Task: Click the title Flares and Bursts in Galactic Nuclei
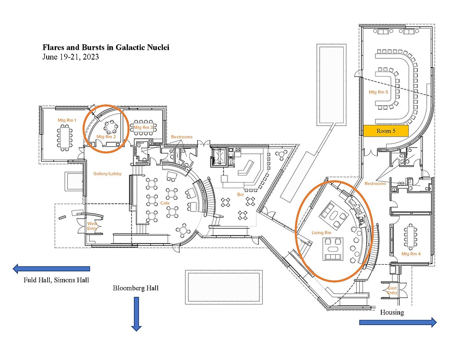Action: point(105,47)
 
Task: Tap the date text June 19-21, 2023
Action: point(70,57)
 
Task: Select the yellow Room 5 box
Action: point(386,131)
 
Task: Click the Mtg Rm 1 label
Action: point(67,120)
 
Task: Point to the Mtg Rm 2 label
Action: point(106,137)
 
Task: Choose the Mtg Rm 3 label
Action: point(143,128)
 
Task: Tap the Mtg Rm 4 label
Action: point(411,254)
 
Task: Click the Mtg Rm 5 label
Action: point(378,92)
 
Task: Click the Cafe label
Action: point(165,203)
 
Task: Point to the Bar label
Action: point(240,194)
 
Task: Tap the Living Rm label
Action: point(321,232)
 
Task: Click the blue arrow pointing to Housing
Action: point(397,322)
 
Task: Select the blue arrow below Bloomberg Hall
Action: point(136,313)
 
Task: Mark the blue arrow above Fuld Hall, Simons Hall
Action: point(51,269)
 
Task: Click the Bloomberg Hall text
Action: point(135,288)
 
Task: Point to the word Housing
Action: point(392,312)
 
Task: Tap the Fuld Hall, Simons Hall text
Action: point(56,280)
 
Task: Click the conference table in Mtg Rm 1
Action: point(65,137)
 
